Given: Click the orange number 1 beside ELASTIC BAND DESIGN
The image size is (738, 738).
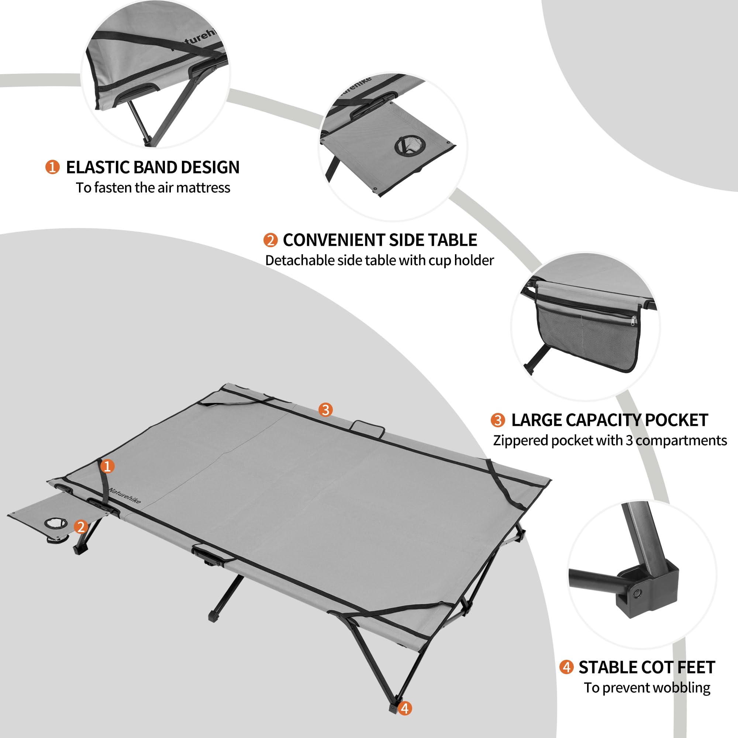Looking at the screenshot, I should pyautogui.click(x=52, y=167).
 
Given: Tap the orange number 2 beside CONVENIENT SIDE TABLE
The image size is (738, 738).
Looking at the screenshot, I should pyautogui.click(x=270, y=240).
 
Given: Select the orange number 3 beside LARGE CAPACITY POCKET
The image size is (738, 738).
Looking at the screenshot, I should pyautogui.click(x=497, y=420).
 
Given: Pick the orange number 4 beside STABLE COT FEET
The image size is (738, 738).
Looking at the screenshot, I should pyautogui.click(x=566, y=667).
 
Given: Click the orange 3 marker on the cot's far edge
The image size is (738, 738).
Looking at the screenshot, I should pyautogui.click(x=325, y=410).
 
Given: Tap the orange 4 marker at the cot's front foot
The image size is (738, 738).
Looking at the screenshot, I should pyautogui.click(x=405, y=708).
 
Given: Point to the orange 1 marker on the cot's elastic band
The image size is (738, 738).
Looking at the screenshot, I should pyautogui.click(x=107, y=466).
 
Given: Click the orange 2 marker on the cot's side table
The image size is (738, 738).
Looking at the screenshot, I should pyautogui.click(x=80, y=527).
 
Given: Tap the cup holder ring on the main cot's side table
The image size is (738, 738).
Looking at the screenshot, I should pyautogui.click(x=55, y=523).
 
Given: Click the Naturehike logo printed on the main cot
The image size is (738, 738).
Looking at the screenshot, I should pyautogui.click(x=124, y=496).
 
